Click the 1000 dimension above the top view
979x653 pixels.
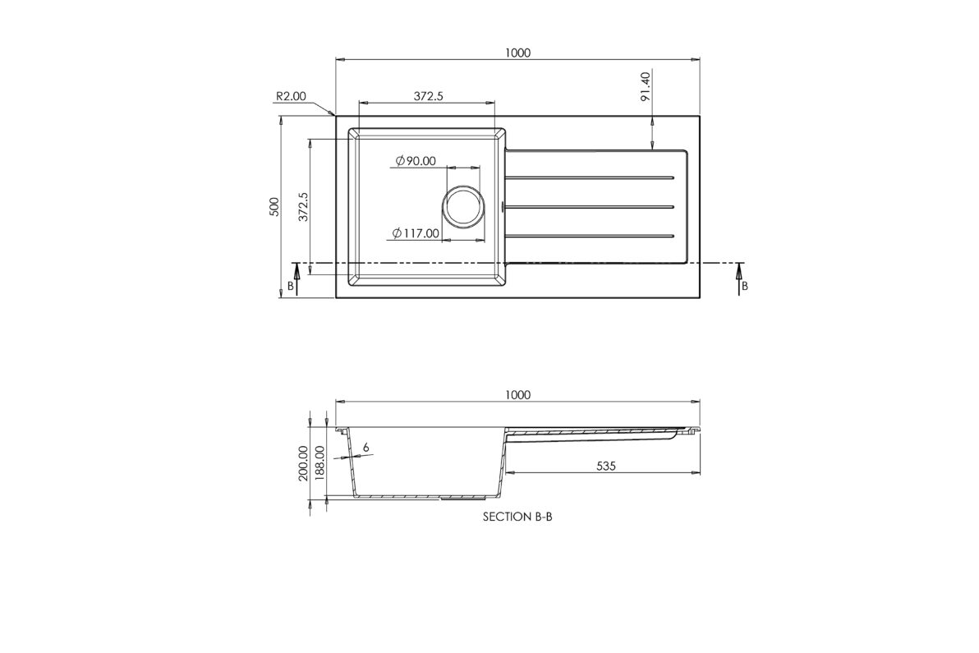(x=517, y=53)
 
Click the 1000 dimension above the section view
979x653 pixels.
(x=517, y=394)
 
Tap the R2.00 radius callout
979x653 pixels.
(x=291, y=96)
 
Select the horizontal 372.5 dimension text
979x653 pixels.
(x=429, y=96)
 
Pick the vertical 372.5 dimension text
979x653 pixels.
(x=303, y=207)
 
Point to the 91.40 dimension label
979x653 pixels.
(x=645, y=86)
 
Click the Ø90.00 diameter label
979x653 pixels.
(x=416, y=161)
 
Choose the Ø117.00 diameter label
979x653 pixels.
(x=416, y=233)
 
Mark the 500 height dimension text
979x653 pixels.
(x=273, y=207)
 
